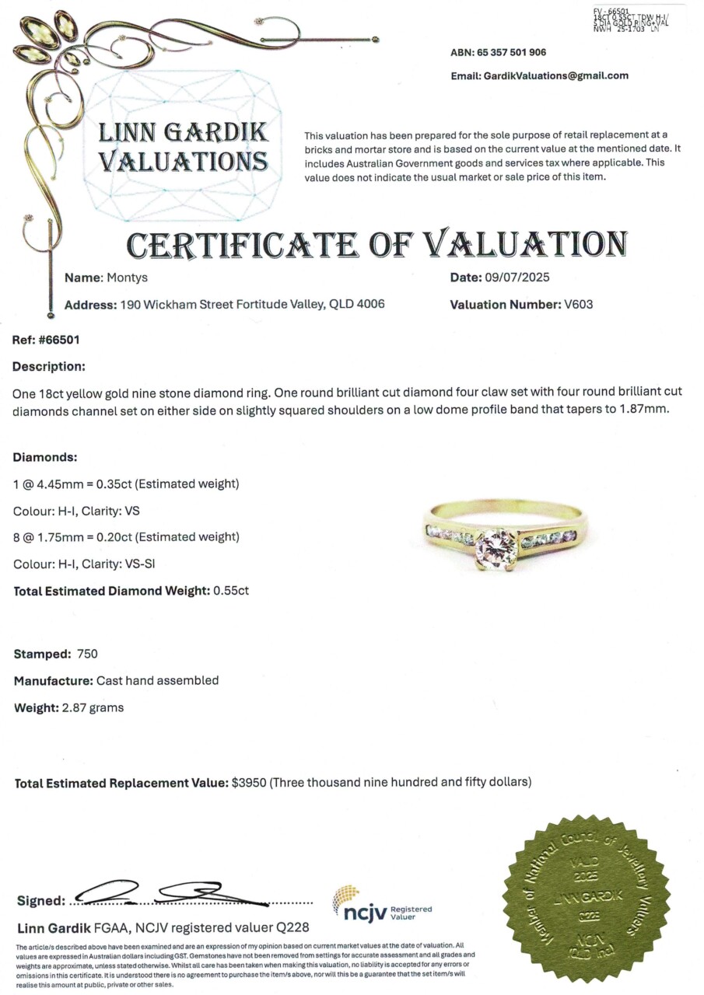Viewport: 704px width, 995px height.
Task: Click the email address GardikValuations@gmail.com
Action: [x=555, y=75]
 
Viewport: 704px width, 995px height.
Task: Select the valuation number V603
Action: [x=577, y=304]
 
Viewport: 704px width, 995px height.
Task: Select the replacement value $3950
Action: [x=249, y=782]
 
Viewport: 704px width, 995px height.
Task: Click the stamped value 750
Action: [x=88, y=654]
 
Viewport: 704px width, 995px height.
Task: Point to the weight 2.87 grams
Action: [x=92, y=707]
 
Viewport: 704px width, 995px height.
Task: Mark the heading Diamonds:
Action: [x=45, y=457]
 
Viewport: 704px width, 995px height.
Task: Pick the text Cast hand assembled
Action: [x=157, y=680]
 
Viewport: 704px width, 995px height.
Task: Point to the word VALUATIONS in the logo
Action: [x=183, y=161]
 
